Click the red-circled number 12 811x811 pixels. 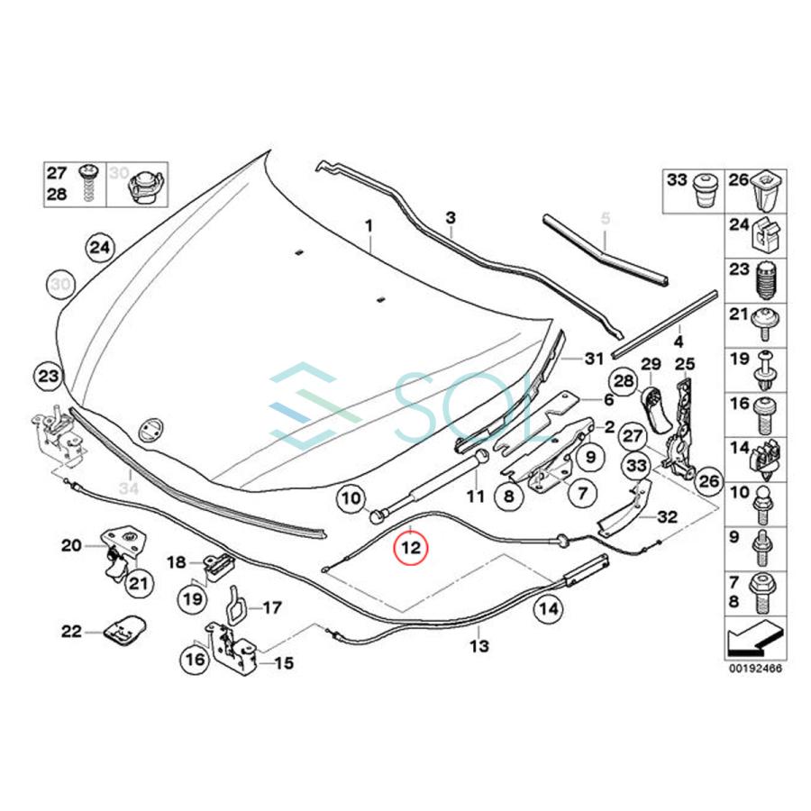click(x=411, y=546)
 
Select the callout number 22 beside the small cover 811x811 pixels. click(x=71, y=631)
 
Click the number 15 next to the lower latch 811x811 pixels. click(x=284, y=663)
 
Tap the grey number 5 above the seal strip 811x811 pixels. click(x=606, y=218)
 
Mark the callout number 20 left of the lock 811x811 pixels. click(x=71, y=544)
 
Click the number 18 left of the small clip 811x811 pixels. click(x=178, y=561)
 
